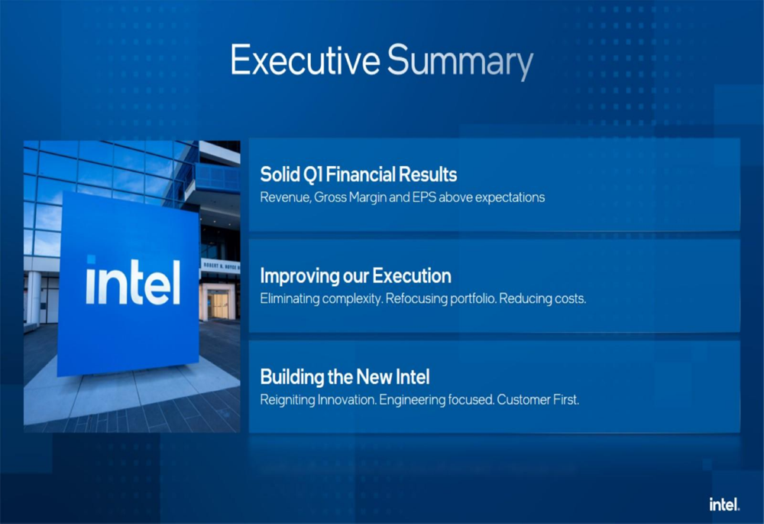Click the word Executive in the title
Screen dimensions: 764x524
click(305, 60)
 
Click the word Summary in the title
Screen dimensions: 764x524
click(461, 62)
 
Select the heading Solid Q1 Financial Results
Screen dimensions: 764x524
click(358, 174)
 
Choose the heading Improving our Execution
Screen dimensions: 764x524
click(356, 276)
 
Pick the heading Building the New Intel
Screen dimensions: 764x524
click(345, 376)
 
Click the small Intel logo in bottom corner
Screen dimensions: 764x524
click(724, 504)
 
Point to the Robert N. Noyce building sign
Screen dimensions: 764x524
click(221, 266)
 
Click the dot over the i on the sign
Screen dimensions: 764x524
click(91, 259)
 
